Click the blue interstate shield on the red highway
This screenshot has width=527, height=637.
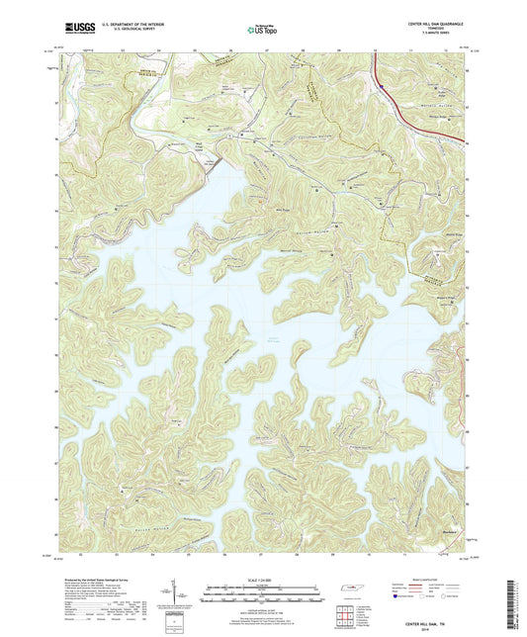pyautogui.click(x=378, y=87)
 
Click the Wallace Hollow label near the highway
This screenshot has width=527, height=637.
pyautogui.click(x=426, y=102)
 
